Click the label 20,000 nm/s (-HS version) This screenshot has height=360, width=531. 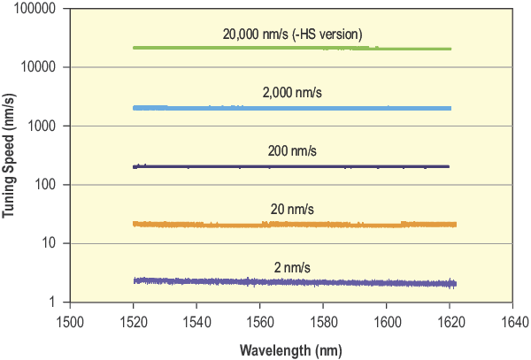(x=293, y=34)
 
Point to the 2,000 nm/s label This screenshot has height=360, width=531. (x=292, y=93)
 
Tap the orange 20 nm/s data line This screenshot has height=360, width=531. (x=292, y=225)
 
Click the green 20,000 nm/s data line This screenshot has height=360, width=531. (x=292, y=48)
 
